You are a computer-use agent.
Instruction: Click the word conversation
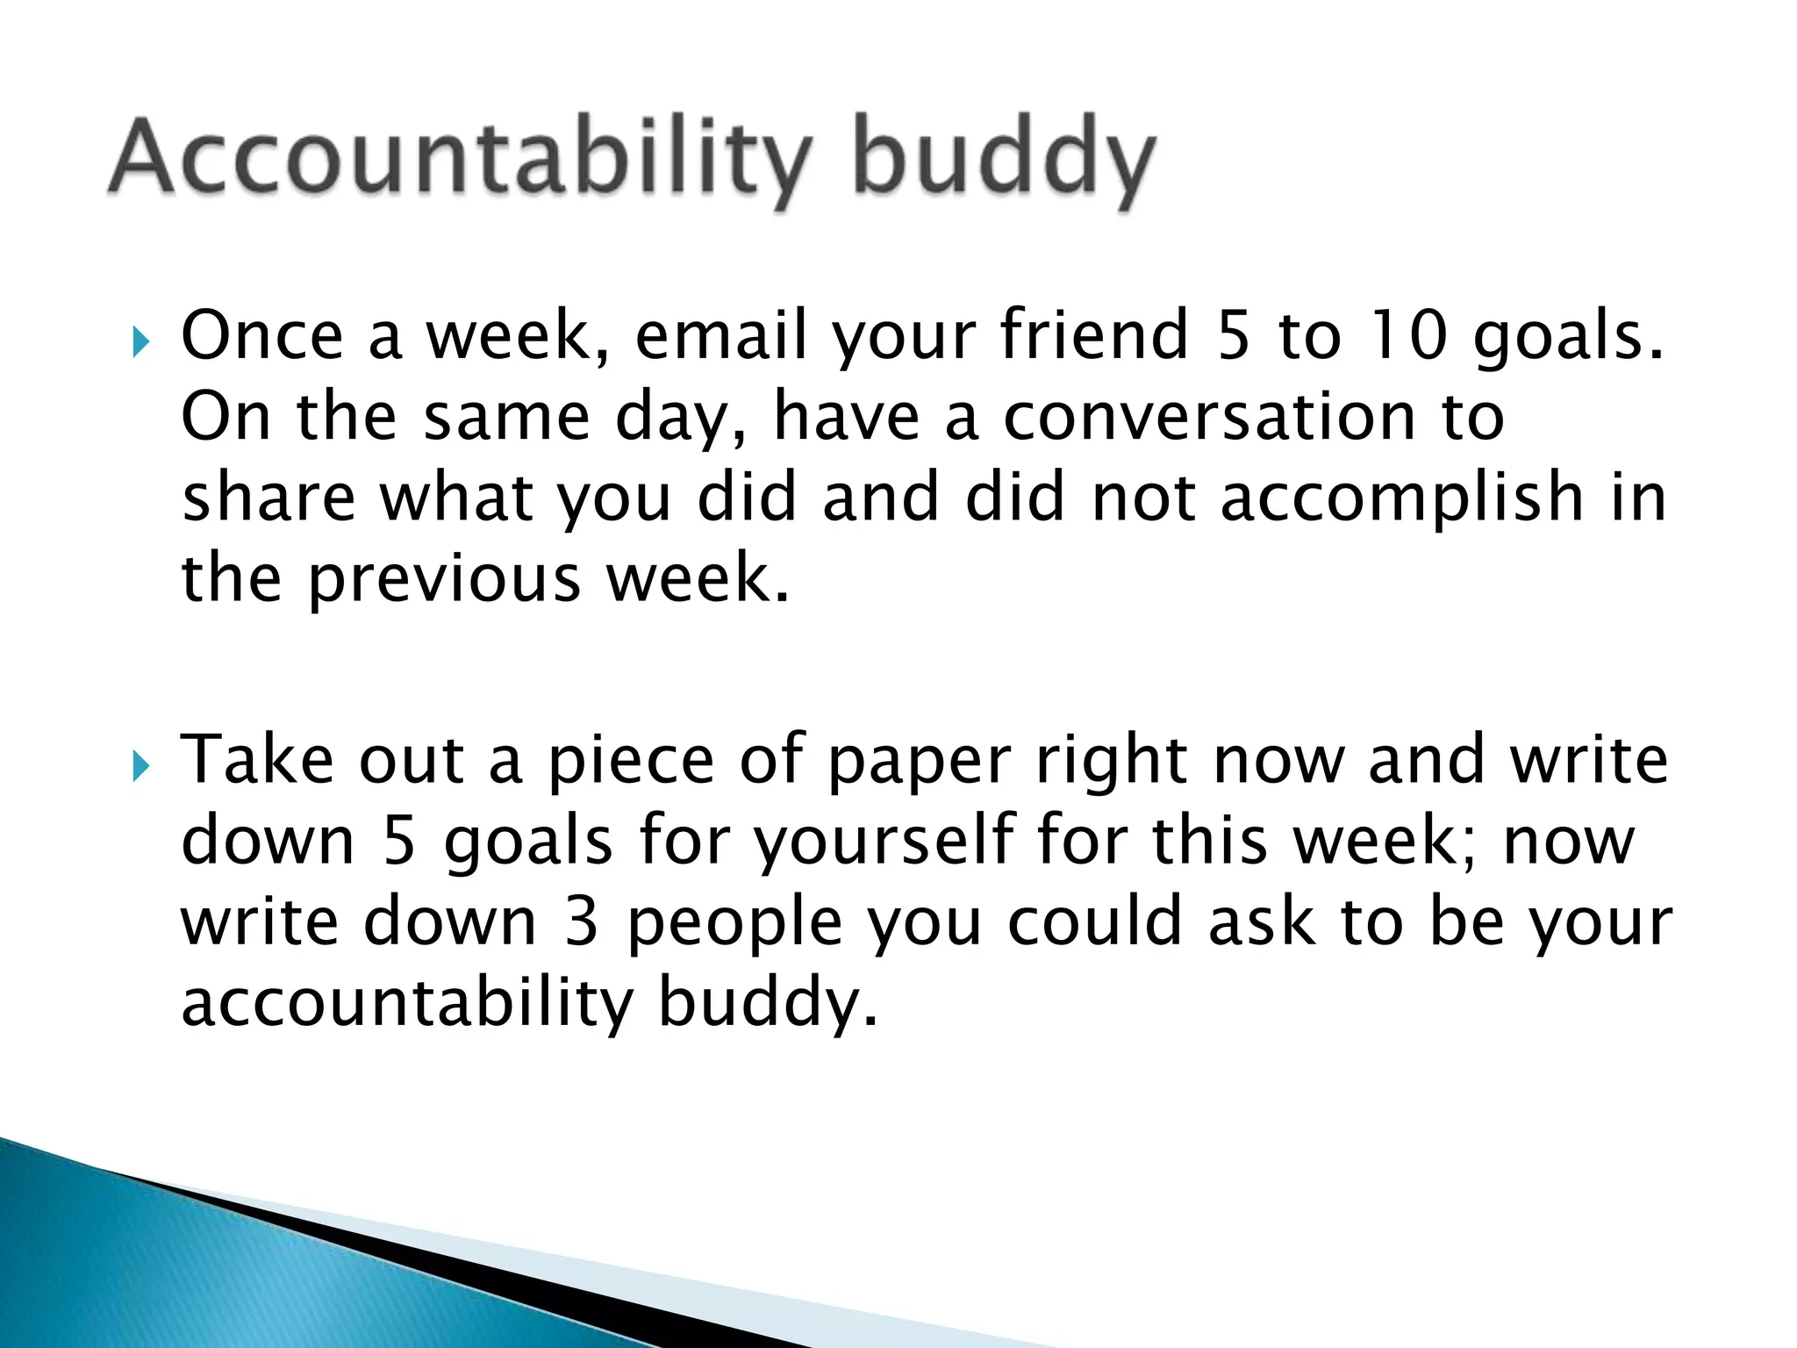(1207, 417)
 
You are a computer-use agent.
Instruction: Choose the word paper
(920, 762)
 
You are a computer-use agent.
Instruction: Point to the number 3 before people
(581, 921)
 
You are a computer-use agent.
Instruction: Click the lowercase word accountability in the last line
(407, 1002)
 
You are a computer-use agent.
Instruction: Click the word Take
(256, 760)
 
